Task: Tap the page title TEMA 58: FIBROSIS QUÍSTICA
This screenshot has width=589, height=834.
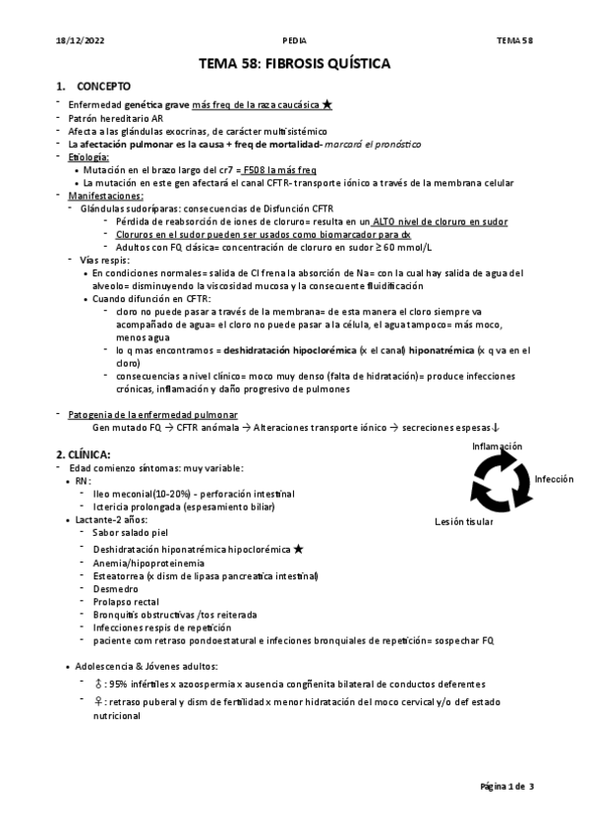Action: [294, 63]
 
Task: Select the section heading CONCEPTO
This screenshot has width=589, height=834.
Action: [103, 87]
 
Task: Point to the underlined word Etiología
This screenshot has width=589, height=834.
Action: [88, 156]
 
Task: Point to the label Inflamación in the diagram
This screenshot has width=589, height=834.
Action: [497, 447]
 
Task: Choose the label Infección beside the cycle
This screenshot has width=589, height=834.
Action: [554, 479]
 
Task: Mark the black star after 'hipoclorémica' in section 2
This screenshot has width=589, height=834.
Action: [298, 548]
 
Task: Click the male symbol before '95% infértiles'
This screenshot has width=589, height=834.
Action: [98, 684]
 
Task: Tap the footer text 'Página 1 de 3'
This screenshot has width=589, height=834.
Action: [506, 787]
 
